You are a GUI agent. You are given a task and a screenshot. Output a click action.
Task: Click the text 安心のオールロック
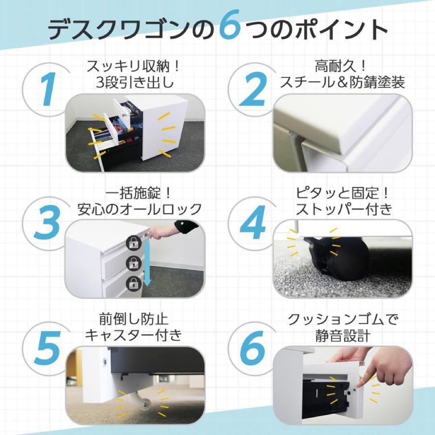coord(139,209)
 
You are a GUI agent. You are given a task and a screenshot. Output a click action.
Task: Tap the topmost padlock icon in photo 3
coord(133,243)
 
